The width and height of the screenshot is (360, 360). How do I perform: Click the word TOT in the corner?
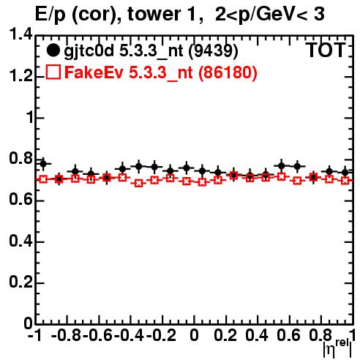click(326, 50)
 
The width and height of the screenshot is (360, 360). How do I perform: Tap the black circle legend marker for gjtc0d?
click(53, 50)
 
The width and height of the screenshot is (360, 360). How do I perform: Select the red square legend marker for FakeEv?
click(53, 72)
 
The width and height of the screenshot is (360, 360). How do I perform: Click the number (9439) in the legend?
click(214, 51)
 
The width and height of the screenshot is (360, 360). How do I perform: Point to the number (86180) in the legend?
click(228, 72)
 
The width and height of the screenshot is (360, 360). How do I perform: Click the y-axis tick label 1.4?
click(21, 34)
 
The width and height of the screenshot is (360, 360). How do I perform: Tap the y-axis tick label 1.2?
click(21, 76)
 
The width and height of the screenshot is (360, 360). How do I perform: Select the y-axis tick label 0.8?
click(21, 158)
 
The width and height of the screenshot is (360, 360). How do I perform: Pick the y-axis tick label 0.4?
click(21, 241)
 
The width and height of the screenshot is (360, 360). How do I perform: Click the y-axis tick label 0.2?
click(21, 282)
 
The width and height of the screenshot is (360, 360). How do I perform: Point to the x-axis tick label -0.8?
click(66, 335)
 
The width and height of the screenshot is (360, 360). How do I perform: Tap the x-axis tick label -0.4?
click(129, 335)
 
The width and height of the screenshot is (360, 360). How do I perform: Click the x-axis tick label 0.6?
click(288, 335)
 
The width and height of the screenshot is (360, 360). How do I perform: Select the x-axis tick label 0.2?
click(225, 335)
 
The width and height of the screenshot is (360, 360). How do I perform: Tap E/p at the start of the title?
click(50, 15)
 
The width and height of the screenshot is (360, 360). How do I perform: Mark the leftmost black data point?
click(43, 164)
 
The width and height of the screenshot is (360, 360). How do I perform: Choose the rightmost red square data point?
click(345, 181)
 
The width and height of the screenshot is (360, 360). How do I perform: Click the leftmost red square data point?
click(43, 179)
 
